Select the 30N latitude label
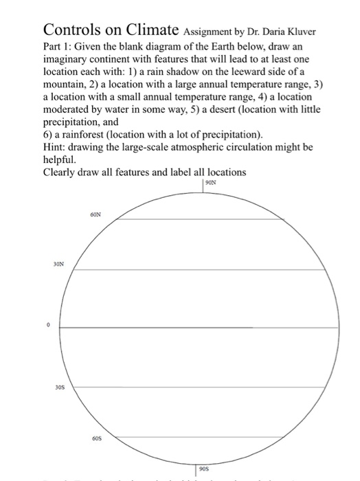[x=57, y=262]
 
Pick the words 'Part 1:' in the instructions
[x=59, y=47]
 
